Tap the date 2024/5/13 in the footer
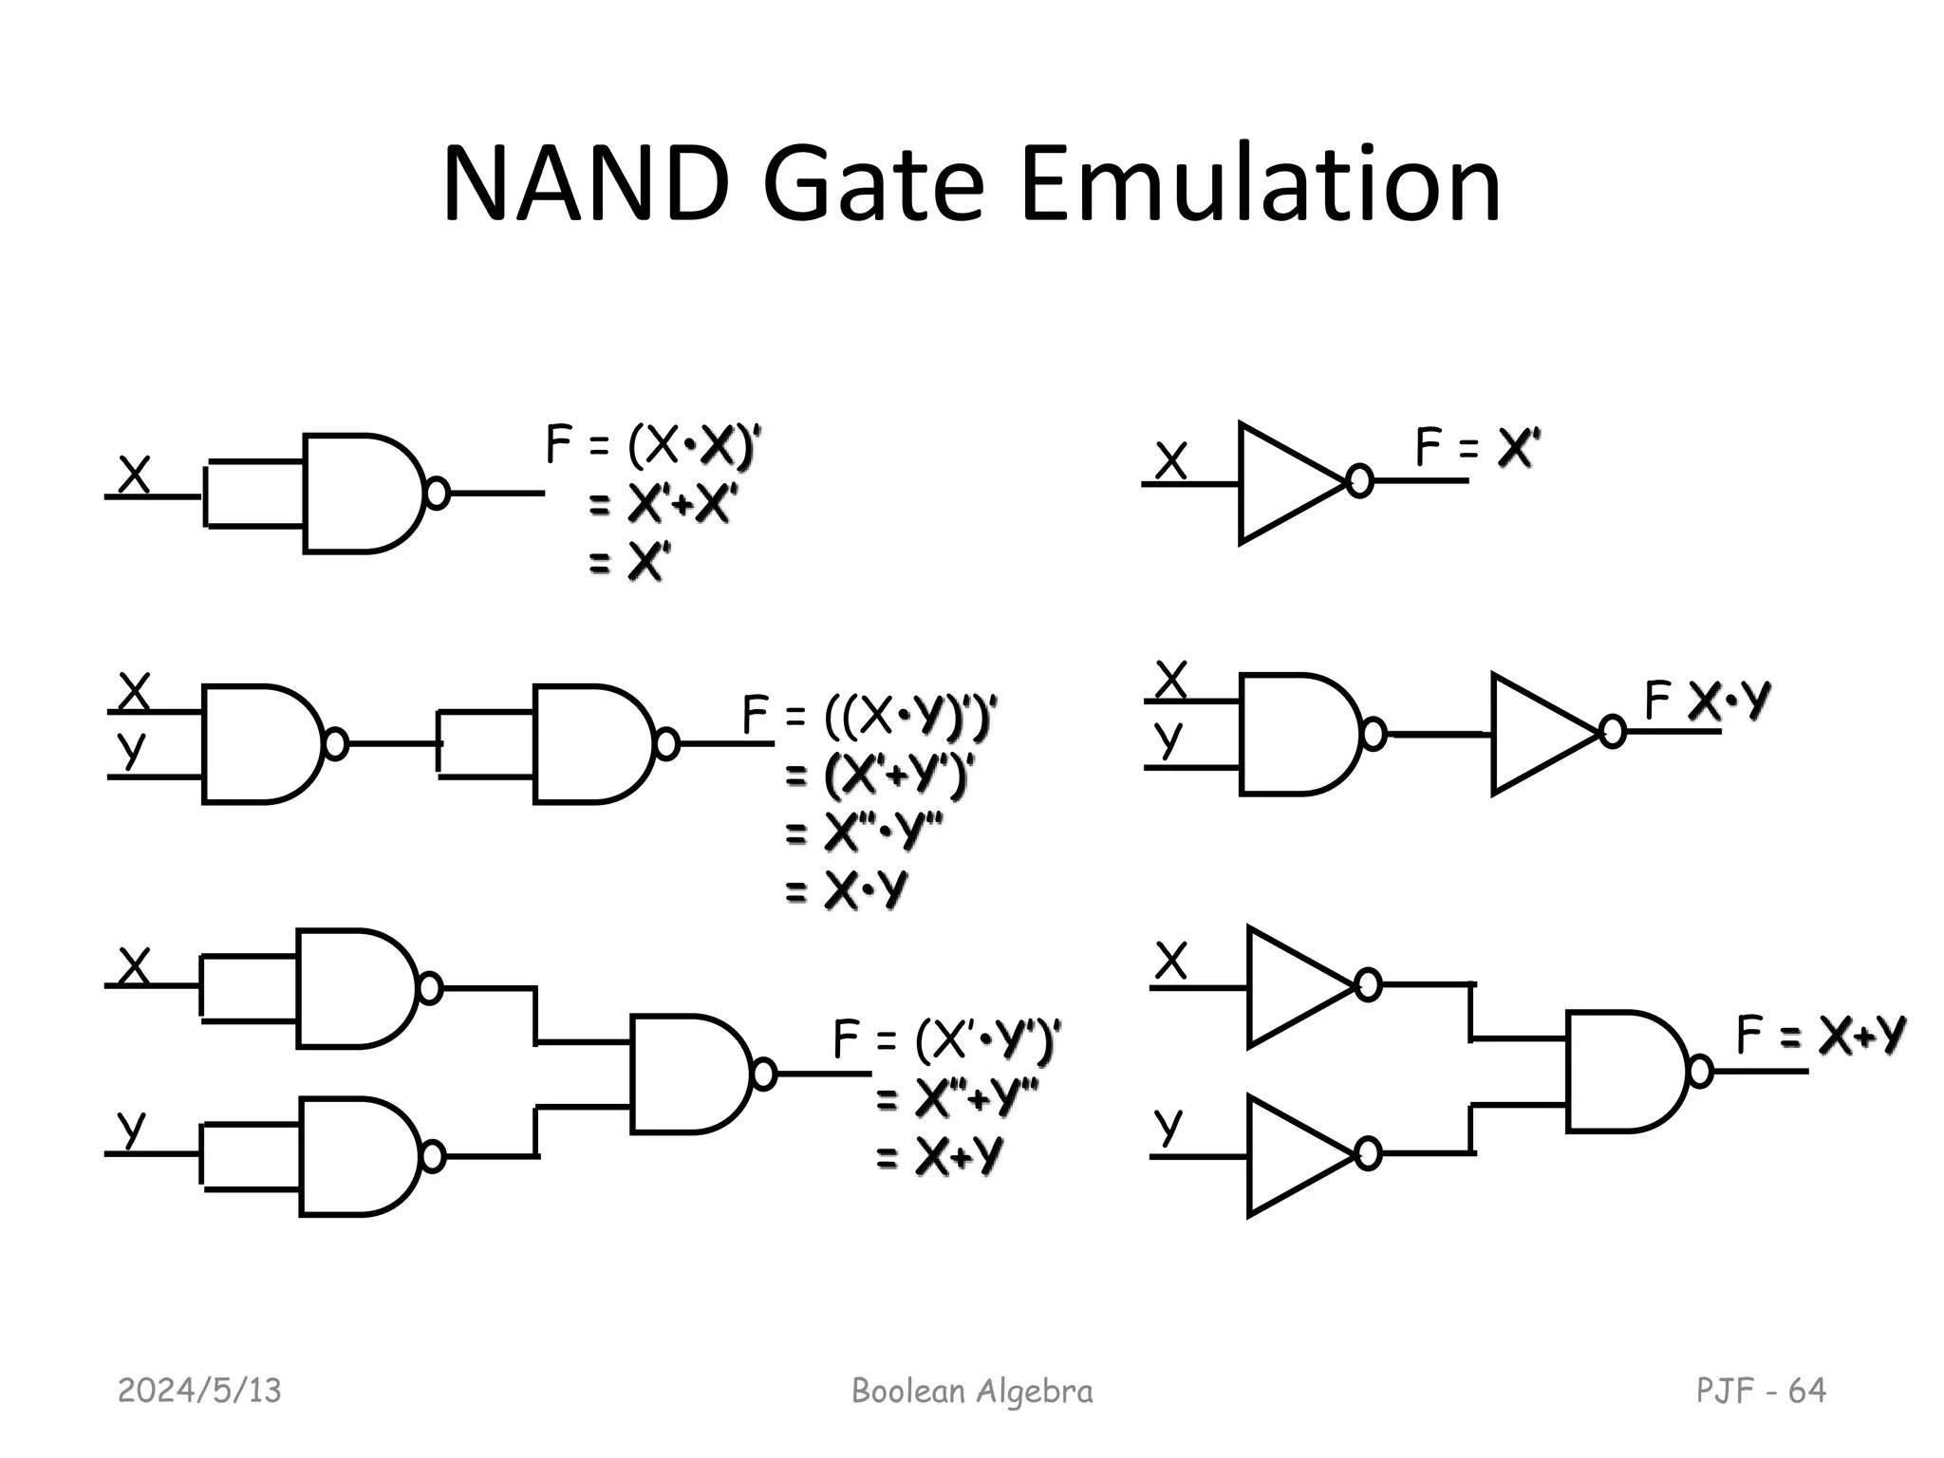coord(199,1391)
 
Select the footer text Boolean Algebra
coord(972,1391)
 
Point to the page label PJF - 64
coord(1761,1391)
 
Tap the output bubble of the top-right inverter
coord(1360,482)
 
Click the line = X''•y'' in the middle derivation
coord(864,833)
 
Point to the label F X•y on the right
coord(1706,701)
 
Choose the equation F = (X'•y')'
coord(946,1039)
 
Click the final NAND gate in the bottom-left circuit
coord(688,1074)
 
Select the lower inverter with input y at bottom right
coord(1296,1154)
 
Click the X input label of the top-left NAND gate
coord(134,476)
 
